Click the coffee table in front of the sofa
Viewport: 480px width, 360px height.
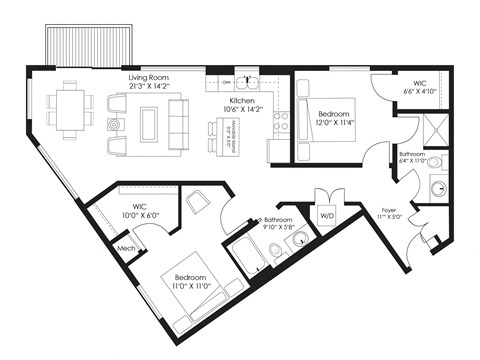click(x=148, y=125)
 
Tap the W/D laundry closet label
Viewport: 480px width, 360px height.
click(x=327, y=214)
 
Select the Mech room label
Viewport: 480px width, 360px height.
click(x=126, y=248)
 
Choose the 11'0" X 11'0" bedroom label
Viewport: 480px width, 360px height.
click(x=190, y=283)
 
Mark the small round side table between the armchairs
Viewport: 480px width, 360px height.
click(x=113, y=125)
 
